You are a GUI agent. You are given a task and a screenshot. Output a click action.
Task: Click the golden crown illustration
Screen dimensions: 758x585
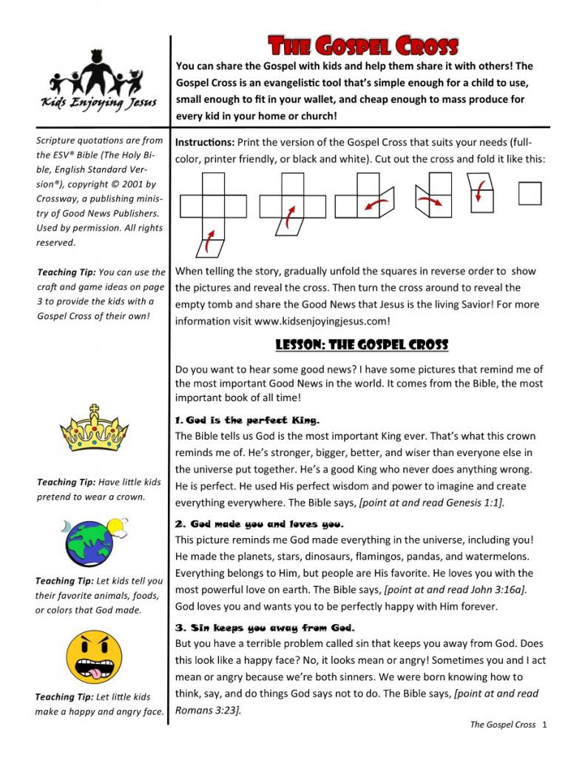tap(95, 429)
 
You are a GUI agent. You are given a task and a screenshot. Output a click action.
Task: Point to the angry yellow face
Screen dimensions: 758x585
tap(93, 657)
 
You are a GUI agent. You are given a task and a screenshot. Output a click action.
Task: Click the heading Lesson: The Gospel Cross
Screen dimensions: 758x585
tap(362, 345)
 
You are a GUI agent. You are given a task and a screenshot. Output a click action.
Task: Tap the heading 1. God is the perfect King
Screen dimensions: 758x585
tap(248, 420)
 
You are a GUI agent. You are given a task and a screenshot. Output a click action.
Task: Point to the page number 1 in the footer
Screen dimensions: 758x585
tap(544, 724)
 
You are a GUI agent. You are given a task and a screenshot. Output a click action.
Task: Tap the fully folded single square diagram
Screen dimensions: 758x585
tap(530, 194)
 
